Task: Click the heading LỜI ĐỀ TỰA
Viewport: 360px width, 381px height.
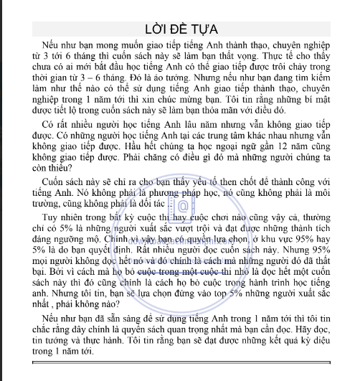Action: pyautogui.click(x=179, y=29)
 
